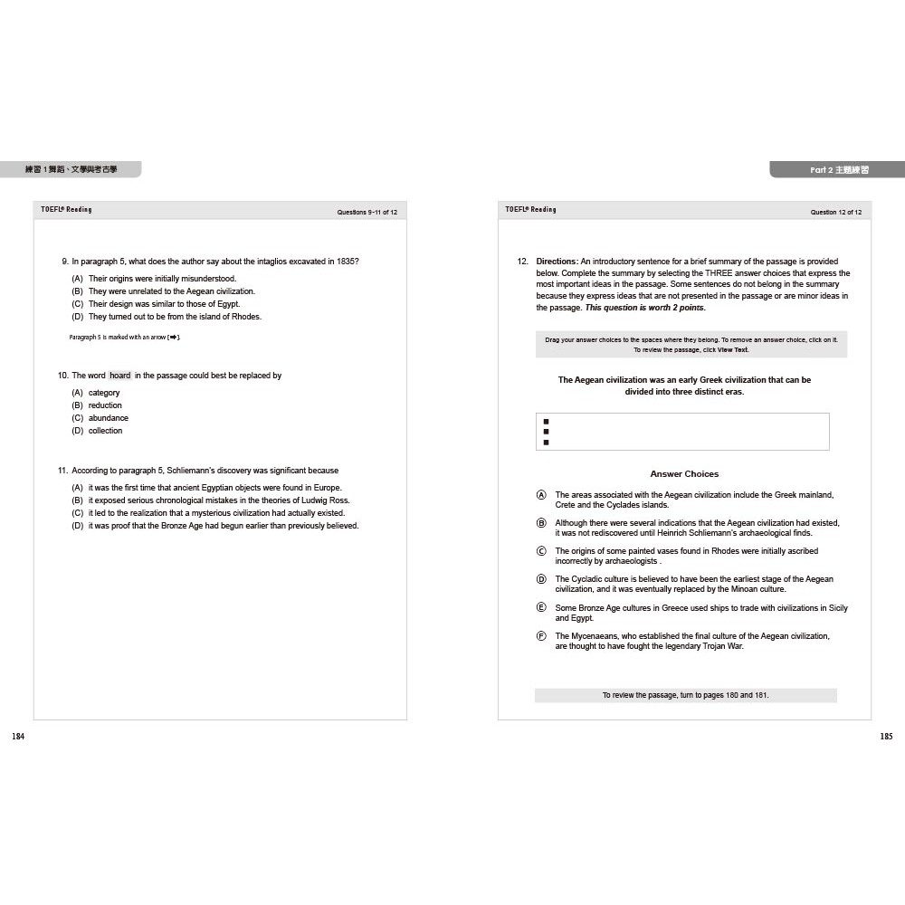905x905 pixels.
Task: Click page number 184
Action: (x=18, y=737)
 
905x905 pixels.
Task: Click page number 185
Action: (x=886, y=737)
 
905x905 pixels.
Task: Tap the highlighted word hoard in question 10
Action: (x=120, y=376)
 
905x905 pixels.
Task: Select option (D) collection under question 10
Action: (x=78, y=431)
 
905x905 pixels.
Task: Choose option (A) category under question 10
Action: (x=78, y=393)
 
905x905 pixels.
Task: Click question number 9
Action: (x=64, y=262)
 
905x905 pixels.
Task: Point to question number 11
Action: (x=62, y=471)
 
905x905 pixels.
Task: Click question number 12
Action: (x=522, y=262)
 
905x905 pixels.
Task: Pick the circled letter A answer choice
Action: (x=541, y=495)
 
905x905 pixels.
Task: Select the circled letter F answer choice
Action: (x=541, y=636)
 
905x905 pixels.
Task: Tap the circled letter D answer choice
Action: (x=541, y=579)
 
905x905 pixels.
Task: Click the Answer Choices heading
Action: (x=684, y=474)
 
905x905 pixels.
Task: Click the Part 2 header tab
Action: (x=838, y=169)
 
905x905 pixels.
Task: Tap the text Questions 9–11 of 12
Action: (x=367, y=212)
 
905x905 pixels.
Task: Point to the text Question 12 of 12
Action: (x=835, y=212)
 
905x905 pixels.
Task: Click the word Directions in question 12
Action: (x=557, y=262)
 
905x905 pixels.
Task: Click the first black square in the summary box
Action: (x=546, y=422)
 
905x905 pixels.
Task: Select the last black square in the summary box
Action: (x=546, y=443)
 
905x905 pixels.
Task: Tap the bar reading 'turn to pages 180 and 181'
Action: (x=685, y=695)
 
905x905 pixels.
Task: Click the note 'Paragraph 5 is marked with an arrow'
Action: (x=125, y=338)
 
